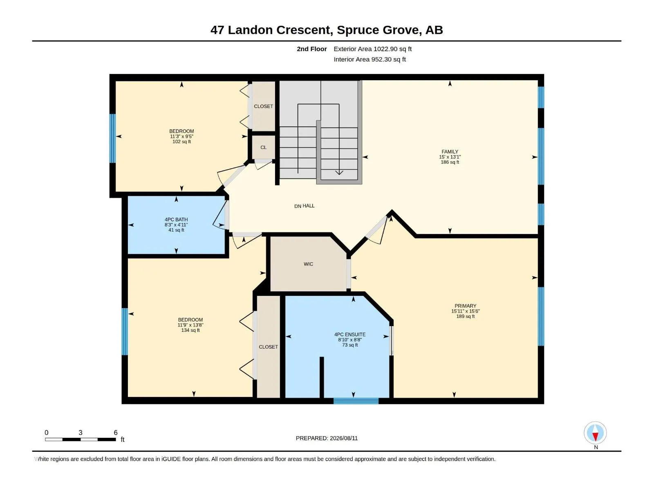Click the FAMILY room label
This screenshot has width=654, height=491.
pyautogui.click(x=450, y=151)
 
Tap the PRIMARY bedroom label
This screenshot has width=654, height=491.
pyautogui.click(x=465, y=306)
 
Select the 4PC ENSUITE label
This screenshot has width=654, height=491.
pyautogui.click(x=350, y=334)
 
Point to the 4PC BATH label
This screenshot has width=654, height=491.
pyautogui.click(x=176, y=219)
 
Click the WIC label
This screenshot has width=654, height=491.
pyautogui.click(x=308, y=264)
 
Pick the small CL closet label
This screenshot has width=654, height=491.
pyautogui.click(x=263, y=147)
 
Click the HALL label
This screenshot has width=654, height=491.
pyautogui.click(x=308, y=206)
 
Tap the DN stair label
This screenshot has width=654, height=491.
pyautogui.click(x=298, y=206)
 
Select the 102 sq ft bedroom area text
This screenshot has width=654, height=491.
pyautogui.click(x=181, y=142)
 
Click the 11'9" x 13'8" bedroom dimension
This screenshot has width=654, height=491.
pyautogui.click(x=190, y=325)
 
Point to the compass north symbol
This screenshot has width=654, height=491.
pyautogui.click(x=595, y=432)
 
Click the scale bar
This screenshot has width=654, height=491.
pyautogui.click(x=81, y=439)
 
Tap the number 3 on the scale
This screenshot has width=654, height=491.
pyautogui.click(x=81, y=432)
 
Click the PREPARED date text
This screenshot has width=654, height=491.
pyautogui.click(x=327, y=438)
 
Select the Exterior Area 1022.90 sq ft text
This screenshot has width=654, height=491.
pyautogui.click(x=372, y=49)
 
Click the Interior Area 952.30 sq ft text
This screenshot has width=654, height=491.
pyautogui.click(x=370, y=59)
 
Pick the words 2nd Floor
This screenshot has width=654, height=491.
pyautogui.click(x=311, y=49)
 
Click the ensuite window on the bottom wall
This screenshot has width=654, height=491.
pyautogui.click(x=356, y=401)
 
